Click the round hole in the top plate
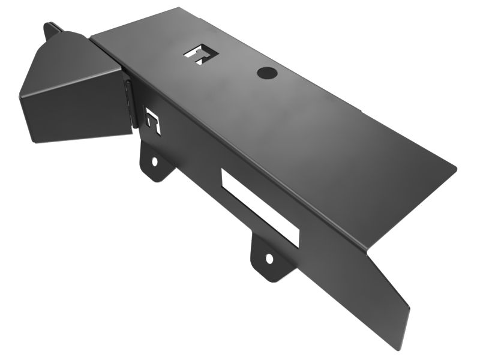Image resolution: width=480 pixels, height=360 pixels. (265, 73)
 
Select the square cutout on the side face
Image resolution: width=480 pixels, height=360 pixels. (154, 122)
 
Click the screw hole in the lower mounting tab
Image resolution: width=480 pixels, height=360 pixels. (269, 259)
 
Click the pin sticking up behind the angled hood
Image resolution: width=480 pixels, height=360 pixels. (49, 29)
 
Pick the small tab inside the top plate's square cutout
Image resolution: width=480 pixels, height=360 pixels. (199, 56)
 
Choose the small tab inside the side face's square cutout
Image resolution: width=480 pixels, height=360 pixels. (154, 124)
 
